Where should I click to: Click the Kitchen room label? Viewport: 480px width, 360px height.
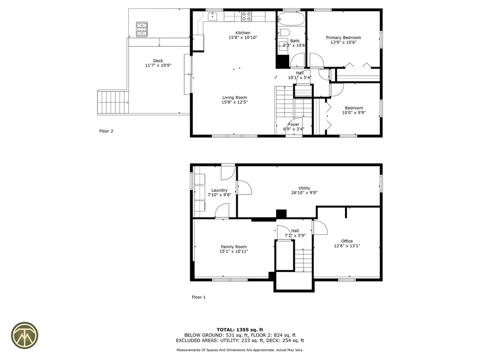(x=242, y=33)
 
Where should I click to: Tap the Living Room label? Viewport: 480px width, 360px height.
(x=234, y=97)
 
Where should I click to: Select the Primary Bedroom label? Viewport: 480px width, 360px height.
(x=344, y=37)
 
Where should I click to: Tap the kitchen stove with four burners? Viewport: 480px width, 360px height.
(x=247, y=17)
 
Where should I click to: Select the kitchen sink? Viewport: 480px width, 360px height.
(x=212, y=17)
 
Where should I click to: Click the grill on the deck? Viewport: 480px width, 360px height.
(x=142, y=29)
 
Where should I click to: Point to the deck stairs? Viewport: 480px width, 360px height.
(x=112, y=102)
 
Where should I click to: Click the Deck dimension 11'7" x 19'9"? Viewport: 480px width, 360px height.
(x=158, y=66)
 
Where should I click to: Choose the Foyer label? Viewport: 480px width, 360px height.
(x=294, y=124)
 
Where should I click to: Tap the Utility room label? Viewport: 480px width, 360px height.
(x=304, y=188)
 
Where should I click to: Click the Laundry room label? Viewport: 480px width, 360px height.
(x=219, y=190)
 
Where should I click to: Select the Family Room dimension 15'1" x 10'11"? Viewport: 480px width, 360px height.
(x=233, y=252)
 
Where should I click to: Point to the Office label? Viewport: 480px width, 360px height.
(x=347, y=241)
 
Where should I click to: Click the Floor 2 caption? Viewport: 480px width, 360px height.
(x=106, y=131)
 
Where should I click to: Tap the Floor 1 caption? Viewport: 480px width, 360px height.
(x=199, y=297)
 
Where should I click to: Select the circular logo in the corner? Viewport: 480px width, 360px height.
(x=25, y=335)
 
